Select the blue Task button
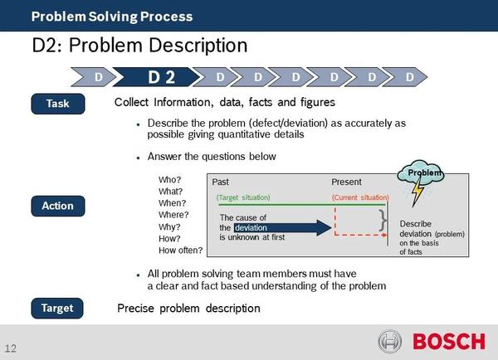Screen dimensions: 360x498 pyautogui.click(x=58, y=104)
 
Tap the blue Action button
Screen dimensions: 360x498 pyautogui.click(x=58, y=205)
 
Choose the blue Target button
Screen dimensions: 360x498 pyautogui.click(x=58, y=308)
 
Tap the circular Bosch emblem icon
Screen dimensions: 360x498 pyautogui.click(x=390, y=341)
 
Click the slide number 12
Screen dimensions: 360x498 pyautogui.click(x=11, y=347)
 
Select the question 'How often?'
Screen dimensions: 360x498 pyautogui.click(x=180, y=250)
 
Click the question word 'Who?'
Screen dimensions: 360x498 pyautogui.click(x=169, y=179)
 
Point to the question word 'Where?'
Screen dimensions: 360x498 pyautogui.click(x=173, y=214)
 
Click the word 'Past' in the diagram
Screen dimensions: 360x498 pyautogui.click(x=221, y=182)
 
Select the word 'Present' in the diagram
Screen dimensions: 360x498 pyautogui.click(x=346, y=182)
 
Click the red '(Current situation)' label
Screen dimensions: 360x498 pyautogui.click(x=360, y=197)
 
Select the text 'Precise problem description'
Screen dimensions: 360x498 pyautogui.click(x=188, y=308)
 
